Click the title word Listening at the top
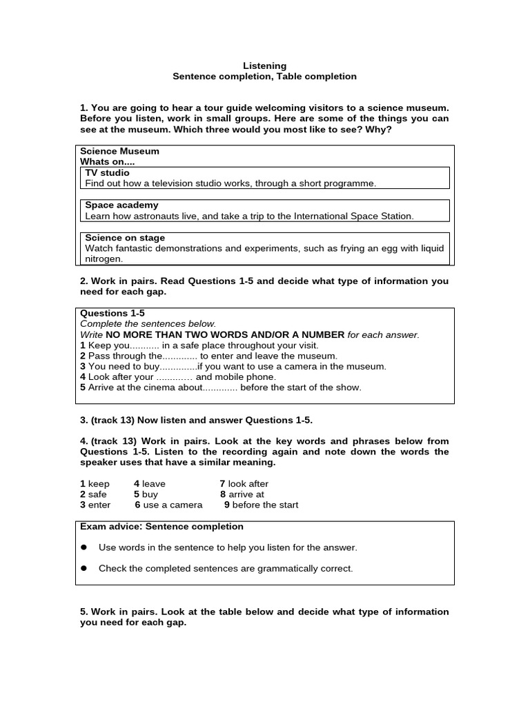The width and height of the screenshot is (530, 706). point(264,65)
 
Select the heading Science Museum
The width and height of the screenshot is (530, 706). point(119,151)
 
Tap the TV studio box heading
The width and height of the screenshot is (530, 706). point(107,172)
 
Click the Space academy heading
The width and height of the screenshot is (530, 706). point(121,205)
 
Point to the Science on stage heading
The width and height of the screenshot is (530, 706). point(125,238)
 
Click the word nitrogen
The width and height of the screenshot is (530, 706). point(104,259)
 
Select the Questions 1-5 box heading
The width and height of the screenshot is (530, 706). point(112,313)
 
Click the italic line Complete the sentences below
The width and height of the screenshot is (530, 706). point(148,323)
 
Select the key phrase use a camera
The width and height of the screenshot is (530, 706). point(173,505)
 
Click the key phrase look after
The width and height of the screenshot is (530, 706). point(248,484)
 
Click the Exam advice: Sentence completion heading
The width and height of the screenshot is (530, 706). point(161,527)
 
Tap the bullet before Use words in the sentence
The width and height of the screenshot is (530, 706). point(84,547)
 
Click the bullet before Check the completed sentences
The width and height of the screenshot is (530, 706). point(84,569)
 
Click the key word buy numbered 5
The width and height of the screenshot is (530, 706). point(150,494)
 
